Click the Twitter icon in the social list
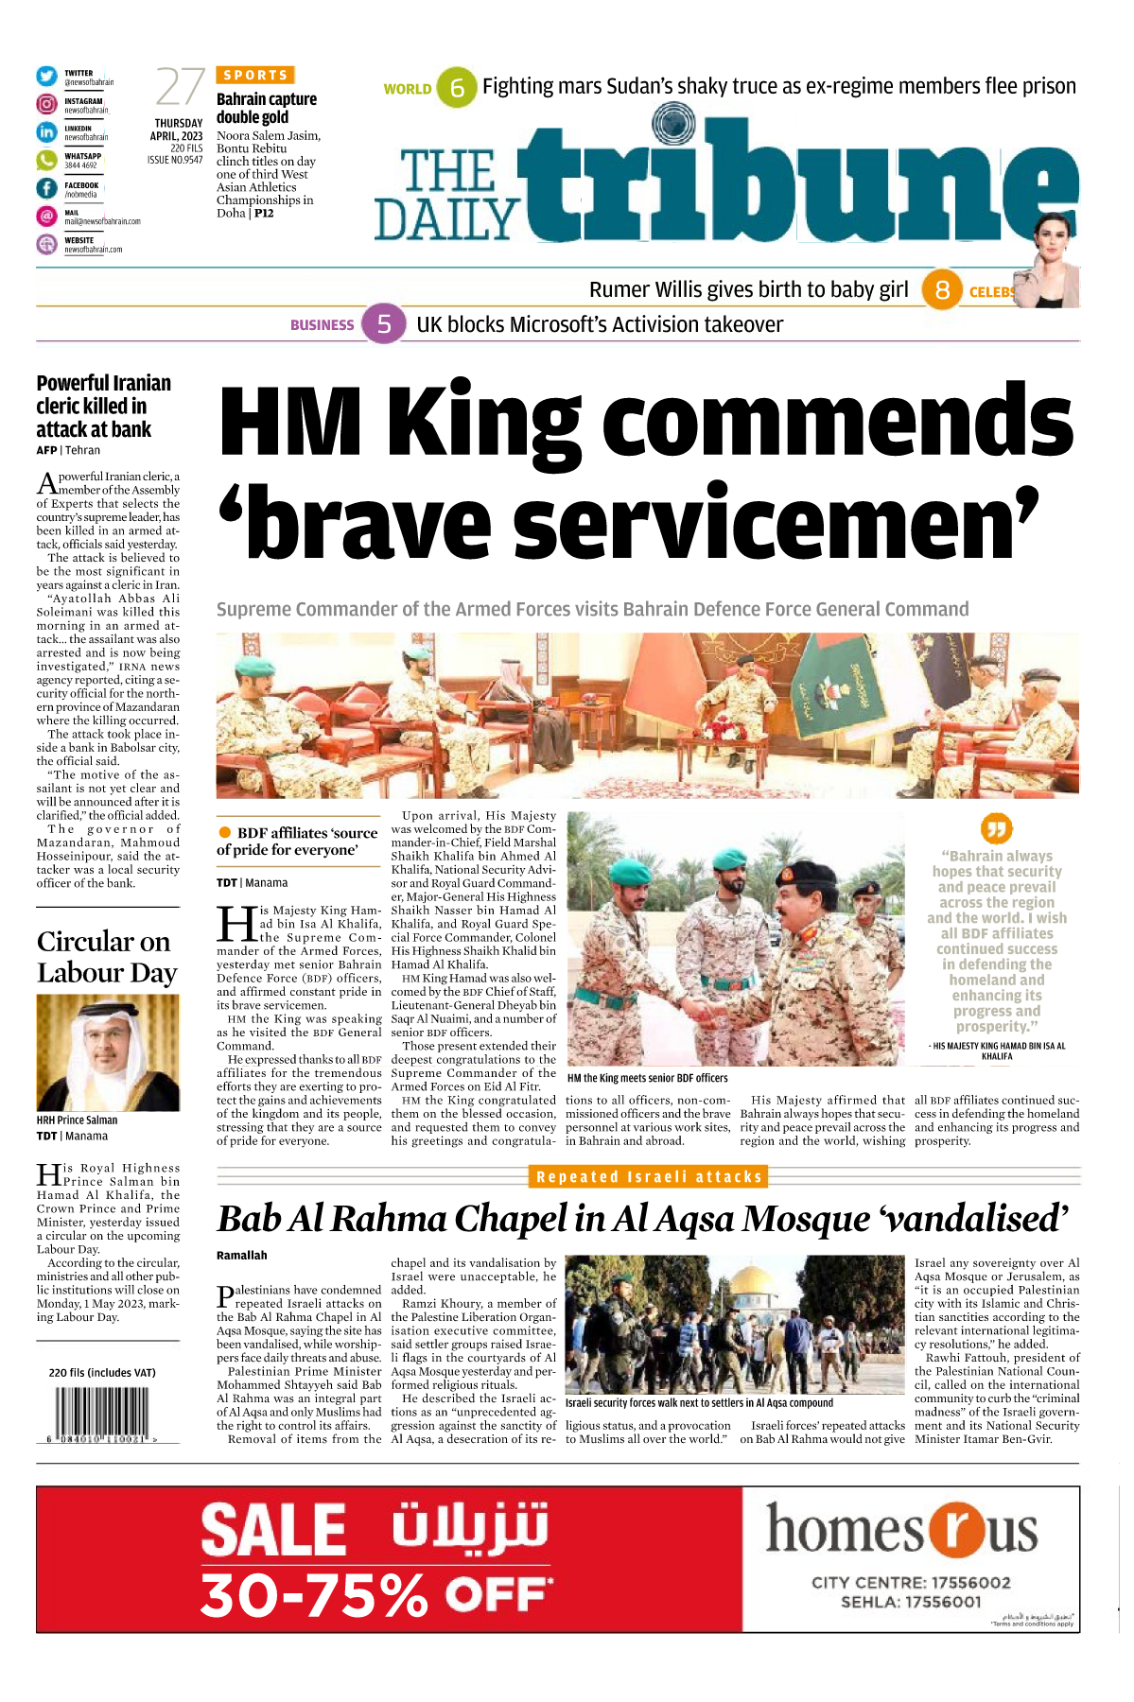point(46,77)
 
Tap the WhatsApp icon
point(46,160)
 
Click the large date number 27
point(180,87)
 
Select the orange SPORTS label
point(255,75)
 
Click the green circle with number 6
point(457,88)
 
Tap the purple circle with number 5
point(384,324)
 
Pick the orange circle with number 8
point(942,289)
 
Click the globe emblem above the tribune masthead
point(672,124)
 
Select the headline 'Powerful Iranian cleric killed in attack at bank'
point(104,406)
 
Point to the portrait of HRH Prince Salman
point(107,1053)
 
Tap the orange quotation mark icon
point(997,828)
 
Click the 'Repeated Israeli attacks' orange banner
point(649,1176)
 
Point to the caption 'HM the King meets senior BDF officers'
point(648,1078)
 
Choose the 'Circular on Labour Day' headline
point(107,957)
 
